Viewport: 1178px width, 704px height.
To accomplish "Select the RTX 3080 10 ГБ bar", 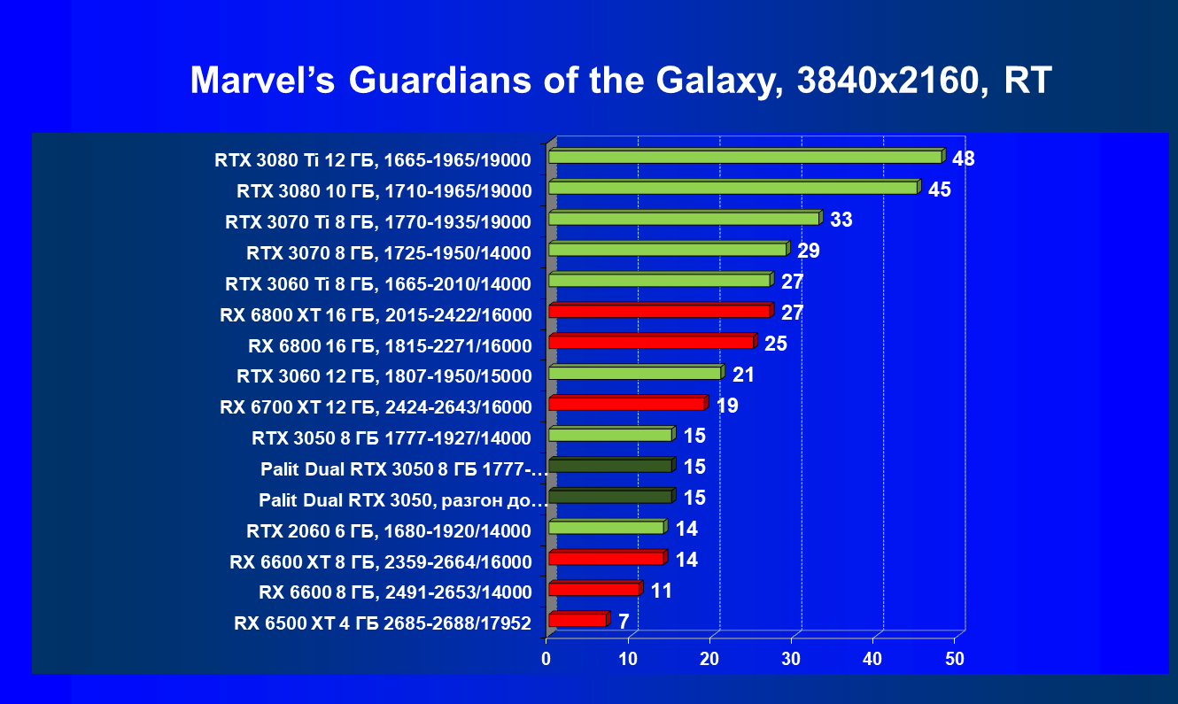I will [732, 188].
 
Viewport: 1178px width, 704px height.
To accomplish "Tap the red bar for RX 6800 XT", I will [659, 311].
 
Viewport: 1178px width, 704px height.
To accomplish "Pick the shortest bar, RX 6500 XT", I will [577, 620].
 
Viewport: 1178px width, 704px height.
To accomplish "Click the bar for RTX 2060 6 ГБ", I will [606, 527].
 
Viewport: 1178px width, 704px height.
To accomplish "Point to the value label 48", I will [964, 159].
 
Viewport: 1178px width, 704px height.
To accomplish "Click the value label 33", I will [841, 220].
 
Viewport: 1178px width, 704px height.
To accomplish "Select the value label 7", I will [624, 622].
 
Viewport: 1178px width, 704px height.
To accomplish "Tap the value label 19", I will [727, 406].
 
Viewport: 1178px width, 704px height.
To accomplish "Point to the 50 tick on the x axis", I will [954, 659].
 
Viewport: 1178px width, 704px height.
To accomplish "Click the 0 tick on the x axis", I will [546, 659].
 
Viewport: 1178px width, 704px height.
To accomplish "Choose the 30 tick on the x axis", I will [791, 659].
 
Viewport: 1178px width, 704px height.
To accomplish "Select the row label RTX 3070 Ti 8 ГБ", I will [378, 222].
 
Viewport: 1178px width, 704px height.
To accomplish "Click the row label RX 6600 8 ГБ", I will [394, 592].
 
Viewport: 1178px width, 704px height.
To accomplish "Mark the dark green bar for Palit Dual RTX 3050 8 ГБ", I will [610, 466].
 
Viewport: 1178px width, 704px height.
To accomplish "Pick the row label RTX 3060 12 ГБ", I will [384, 376].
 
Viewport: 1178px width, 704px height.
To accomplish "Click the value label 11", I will [661, 591].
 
